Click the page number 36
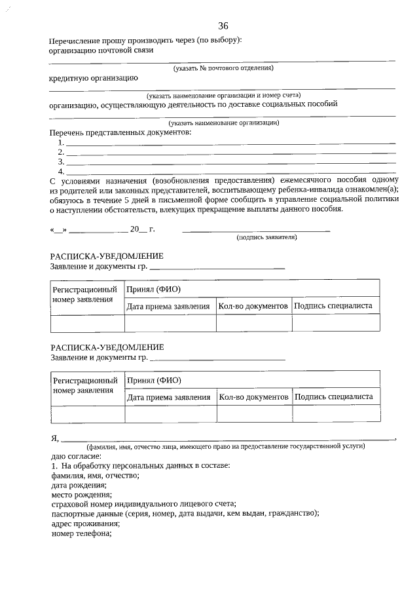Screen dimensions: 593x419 coord(223,26)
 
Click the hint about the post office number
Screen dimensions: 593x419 coord(223,68)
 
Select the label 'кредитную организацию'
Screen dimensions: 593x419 coord(94,77)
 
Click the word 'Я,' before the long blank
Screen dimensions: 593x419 coord(55,438)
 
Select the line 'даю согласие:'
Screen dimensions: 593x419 coord(76,455)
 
